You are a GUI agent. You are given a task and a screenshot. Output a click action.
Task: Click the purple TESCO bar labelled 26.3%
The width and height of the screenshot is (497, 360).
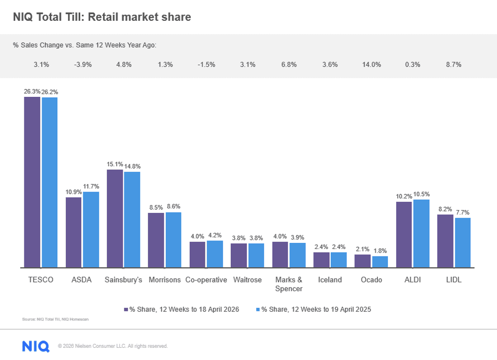(32, 182)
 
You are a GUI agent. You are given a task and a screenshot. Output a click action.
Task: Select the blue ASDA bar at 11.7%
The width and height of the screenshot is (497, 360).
(91, 230)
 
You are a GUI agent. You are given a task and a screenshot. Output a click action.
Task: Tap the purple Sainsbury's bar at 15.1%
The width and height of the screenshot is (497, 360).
(115, 219)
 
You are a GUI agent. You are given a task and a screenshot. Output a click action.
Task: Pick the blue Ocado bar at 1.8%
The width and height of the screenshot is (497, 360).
(380, 262)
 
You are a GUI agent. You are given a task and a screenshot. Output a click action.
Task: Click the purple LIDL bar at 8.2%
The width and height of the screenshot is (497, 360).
(445, 241)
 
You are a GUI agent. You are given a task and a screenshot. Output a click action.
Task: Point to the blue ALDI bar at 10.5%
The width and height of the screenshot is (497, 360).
(421, 234)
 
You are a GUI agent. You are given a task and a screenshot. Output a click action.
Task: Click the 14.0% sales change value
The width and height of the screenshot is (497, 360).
(371, 65)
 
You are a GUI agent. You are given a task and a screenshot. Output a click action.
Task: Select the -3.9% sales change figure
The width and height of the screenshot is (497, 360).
(83, 65)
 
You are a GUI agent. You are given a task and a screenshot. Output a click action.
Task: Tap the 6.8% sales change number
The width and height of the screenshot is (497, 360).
(289, 65)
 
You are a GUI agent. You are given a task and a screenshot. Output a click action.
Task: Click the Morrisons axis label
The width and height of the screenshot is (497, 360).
(164, 280)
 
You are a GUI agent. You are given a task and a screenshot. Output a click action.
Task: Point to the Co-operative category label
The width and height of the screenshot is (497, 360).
(206, 280)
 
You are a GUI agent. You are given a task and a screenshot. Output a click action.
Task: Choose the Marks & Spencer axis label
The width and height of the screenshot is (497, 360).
(289, 284)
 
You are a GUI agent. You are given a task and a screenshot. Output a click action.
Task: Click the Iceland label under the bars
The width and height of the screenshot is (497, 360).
(330, 280)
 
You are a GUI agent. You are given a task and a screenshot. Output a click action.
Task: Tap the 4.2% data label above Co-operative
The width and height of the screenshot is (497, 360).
(215, 235)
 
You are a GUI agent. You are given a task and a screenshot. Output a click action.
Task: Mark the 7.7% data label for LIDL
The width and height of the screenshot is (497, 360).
(463, 212)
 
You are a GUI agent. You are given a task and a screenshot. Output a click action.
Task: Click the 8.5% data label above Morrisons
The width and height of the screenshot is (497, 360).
(156, 207)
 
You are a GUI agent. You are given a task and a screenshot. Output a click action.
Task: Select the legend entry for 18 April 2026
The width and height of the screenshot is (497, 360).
(182, 309)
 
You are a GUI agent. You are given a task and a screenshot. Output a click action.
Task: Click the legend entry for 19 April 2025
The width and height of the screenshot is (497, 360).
(313, 309)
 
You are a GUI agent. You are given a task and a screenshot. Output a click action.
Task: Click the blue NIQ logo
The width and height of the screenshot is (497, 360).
(36, 346)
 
